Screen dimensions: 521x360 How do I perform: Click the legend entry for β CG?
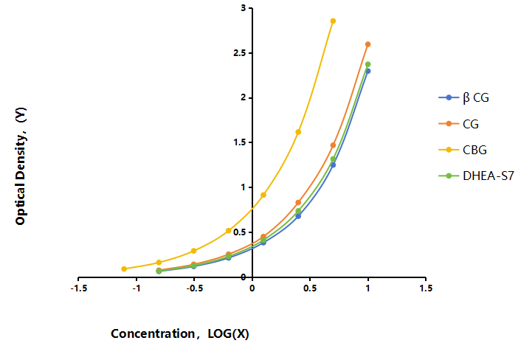[x=464, y=97]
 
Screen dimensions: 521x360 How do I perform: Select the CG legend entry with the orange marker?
[x=458, y=124]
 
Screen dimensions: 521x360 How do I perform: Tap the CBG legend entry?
[x=463, y=150]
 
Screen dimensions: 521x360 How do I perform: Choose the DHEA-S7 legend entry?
[x=476, y=176]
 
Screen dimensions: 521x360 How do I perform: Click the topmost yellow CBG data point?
[x=333, y=21]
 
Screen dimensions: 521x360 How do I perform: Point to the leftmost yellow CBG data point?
[x=124, y=269]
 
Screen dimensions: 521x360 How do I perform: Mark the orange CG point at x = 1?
[x=368, y=44]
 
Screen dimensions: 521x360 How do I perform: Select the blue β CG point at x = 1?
[x=368, y=71]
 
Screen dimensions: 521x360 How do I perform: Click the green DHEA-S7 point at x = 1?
[x=368, y=64]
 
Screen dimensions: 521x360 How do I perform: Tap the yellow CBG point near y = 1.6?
[x=298, y=132]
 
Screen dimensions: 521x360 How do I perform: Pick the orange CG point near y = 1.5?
[x=333, y=145]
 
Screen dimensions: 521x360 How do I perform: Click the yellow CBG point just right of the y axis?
[x=263, y=195]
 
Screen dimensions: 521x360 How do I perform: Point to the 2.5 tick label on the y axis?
[x=241, y=53]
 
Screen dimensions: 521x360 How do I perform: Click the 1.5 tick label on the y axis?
[x=241, y=142]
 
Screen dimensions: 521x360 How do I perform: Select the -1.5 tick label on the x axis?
[x=79, y=288]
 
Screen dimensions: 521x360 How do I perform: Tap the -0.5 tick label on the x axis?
[x=194, y=288]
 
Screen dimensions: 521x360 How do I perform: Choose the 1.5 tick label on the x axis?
[x=426, y=288]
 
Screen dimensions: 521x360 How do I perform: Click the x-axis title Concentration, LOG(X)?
[x=180, y=333]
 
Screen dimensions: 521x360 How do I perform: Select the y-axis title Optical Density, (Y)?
[x=21, y=166]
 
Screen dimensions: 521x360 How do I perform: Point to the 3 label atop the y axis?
[x=244, y=8]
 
